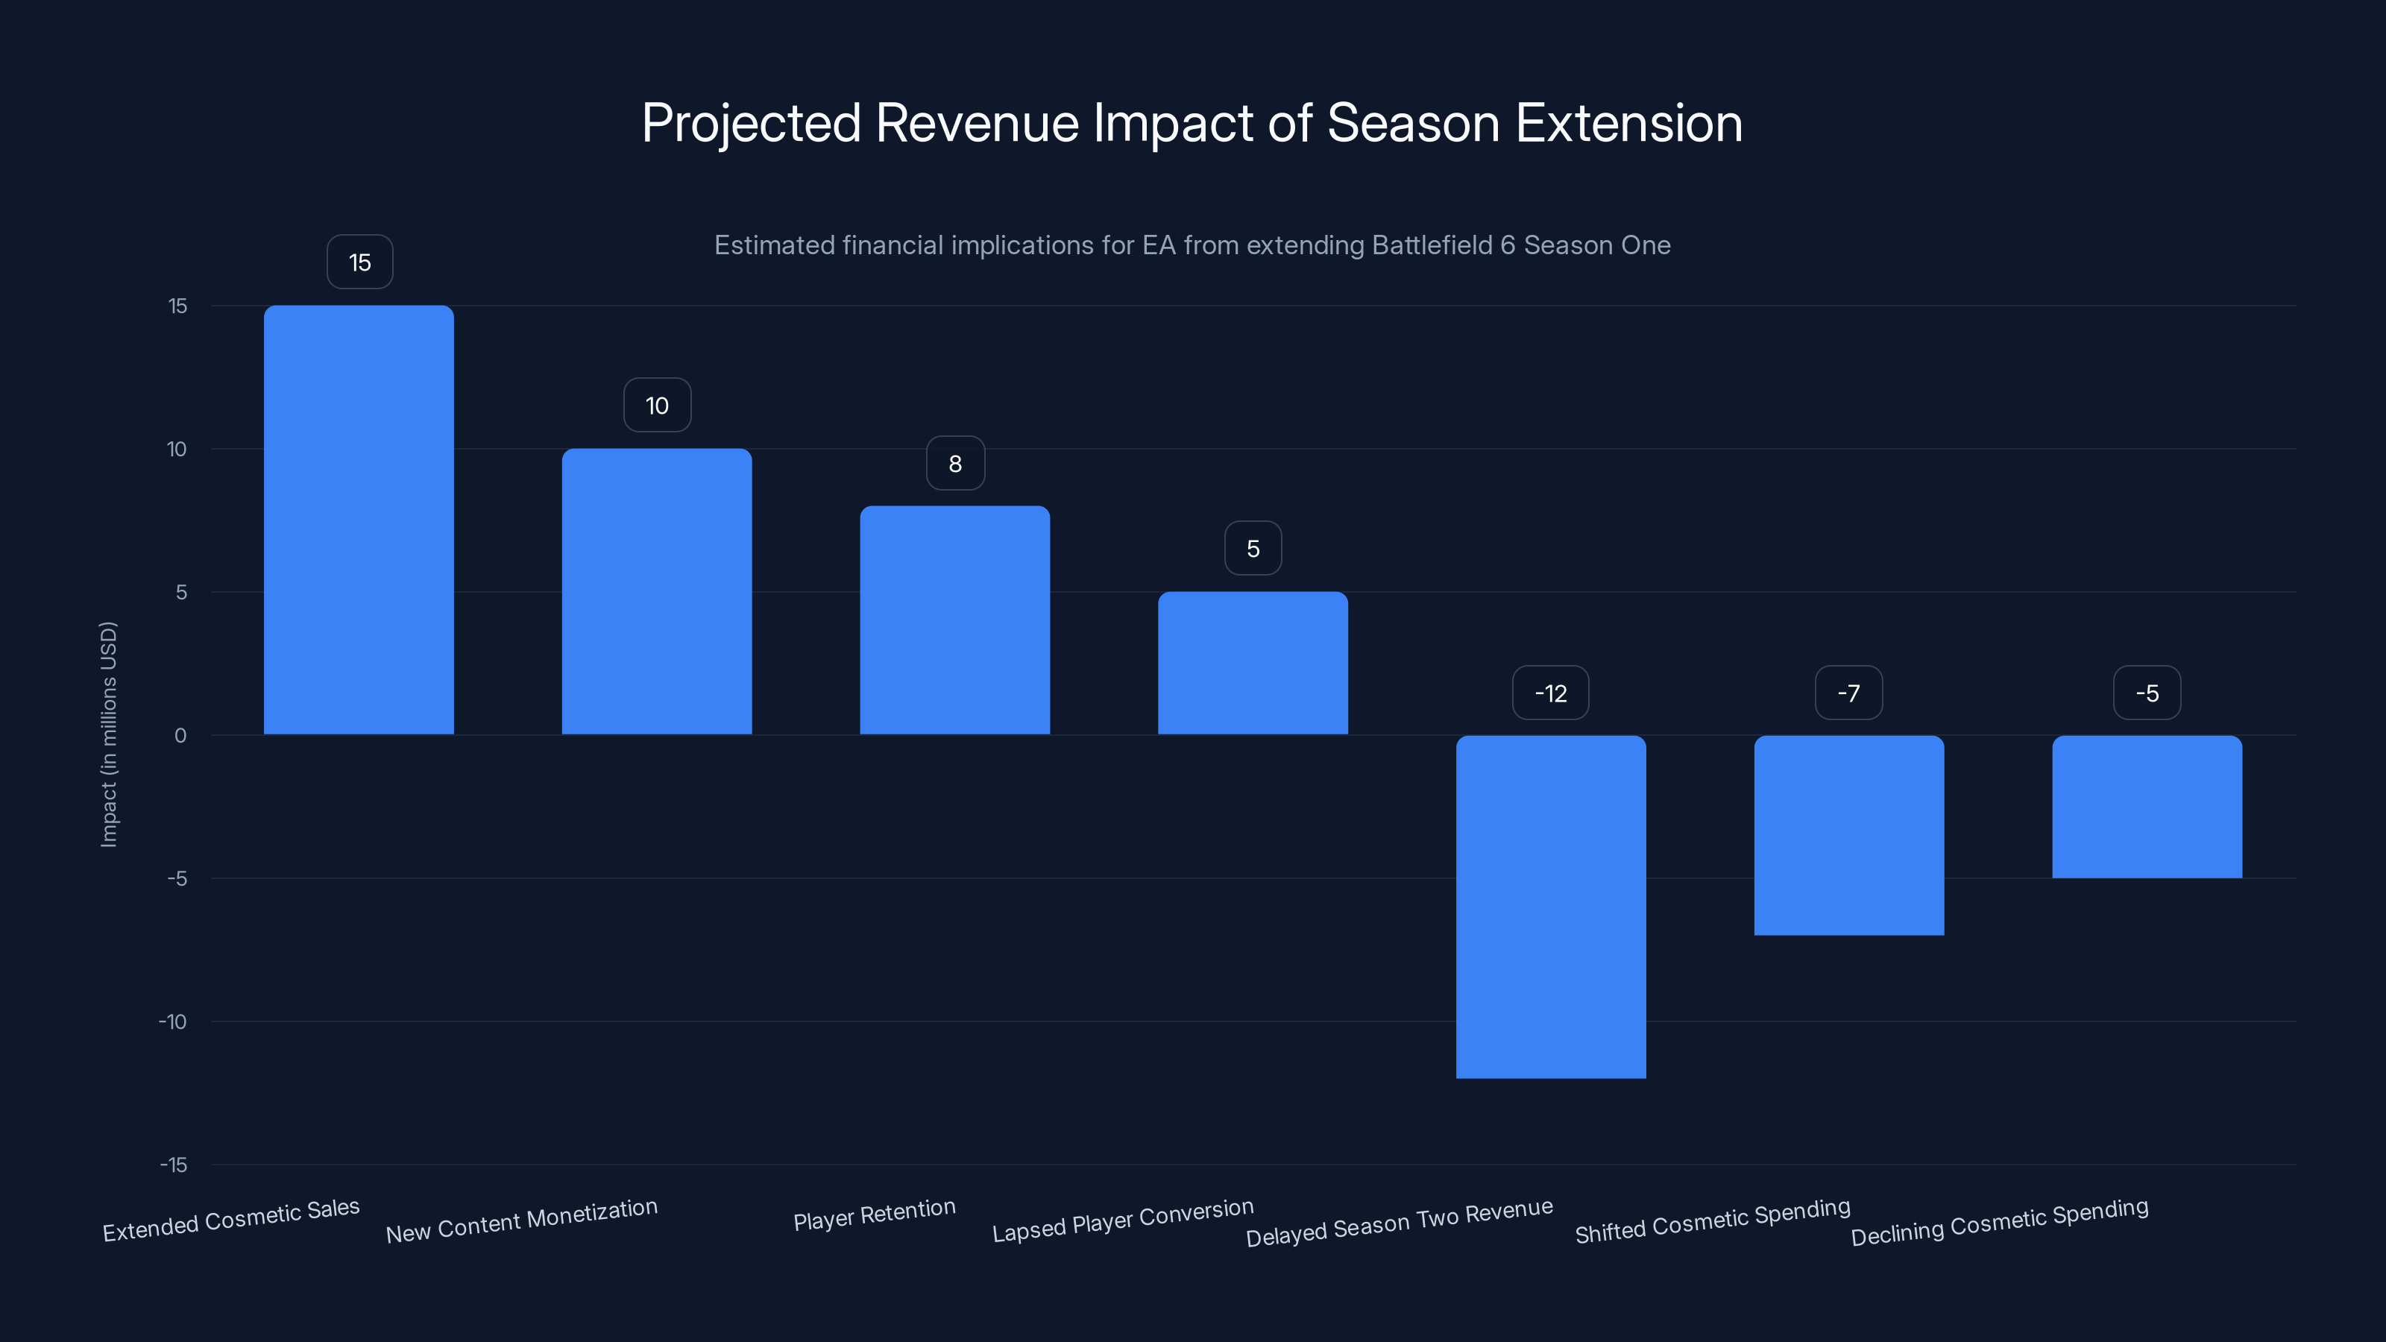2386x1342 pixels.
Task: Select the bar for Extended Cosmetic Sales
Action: [x=359, y=520]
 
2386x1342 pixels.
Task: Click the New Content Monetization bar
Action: [x=657, y=591]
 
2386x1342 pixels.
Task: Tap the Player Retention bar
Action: [x=955, y=620]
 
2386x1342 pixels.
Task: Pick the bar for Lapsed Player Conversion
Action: [x=1253, y=663]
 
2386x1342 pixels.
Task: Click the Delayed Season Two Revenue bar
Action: [x=1551, y=907]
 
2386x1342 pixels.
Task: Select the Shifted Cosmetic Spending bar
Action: [x=1849, y=835]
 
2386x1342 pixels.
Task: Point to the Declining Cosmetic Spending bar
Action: [x=2147, y=807]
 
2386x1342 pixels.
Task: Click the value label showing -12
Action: [x=1551, y=693]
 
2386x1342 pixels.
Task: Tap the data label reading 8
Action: [x=955, y=463]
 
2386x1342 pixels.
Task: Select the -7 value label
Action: [x=1849, y=693]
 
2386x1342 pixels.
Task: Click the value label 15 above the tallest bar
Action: [x=359, y=262]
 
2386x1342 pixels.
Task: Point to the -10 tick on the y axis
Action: [x=172, y=1021]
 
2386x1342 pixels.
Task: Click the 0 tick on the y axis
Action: [x=180, y=735]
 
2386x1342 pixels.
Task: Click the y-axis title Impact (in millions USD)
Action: [x=108, y=734]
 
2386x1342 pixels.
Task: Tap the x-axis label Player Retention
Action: [x=875, y=1215]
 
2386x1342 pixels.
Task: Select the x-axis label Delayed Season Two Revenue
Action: [x=1399, y=1223]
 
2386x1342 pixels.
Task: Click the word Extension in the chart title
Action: [x=1628, y=123]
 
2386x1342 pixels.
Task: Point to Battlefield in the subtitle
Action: [x=1432, y=245]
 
